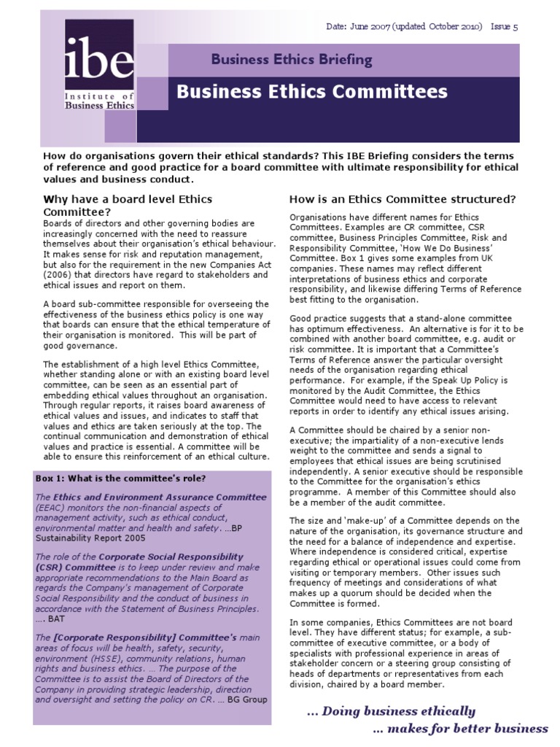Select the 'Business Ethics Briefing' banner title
(292, 60)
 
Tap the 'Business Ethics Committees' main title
(312, 92)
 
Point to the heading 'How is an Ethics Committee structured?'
(403, 199)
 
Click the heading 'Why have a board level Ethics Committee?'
(117, 205)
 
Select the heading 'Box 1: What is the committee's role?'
(120, 479)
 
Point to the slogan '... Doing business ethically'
(390, 711)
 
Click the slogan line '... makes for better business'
(460, 728)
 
